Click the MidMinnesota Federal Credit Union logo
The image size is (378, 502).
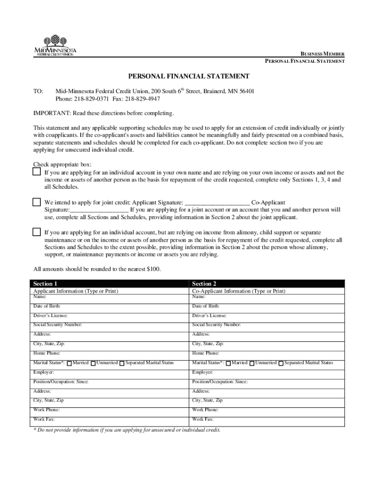tap(55, 45)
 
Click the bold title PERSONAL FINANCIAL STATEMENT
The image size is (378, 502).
tap(189, 76)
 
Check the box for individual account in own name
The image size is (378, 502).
tap(37, 172)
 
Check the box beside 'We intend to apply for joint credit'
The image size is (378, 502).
tap(37, 202)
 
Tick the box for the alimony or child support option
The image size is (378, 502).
tap(37, 232)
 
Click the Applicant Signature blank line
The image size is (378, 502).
tap(217, 202)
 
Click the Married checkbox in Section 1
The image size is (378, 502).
tap(69, 363)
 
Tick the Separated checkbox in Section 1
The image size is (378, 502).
tap(122, 363)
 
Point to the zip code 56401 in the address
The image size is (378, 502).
tap(246, 92)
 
